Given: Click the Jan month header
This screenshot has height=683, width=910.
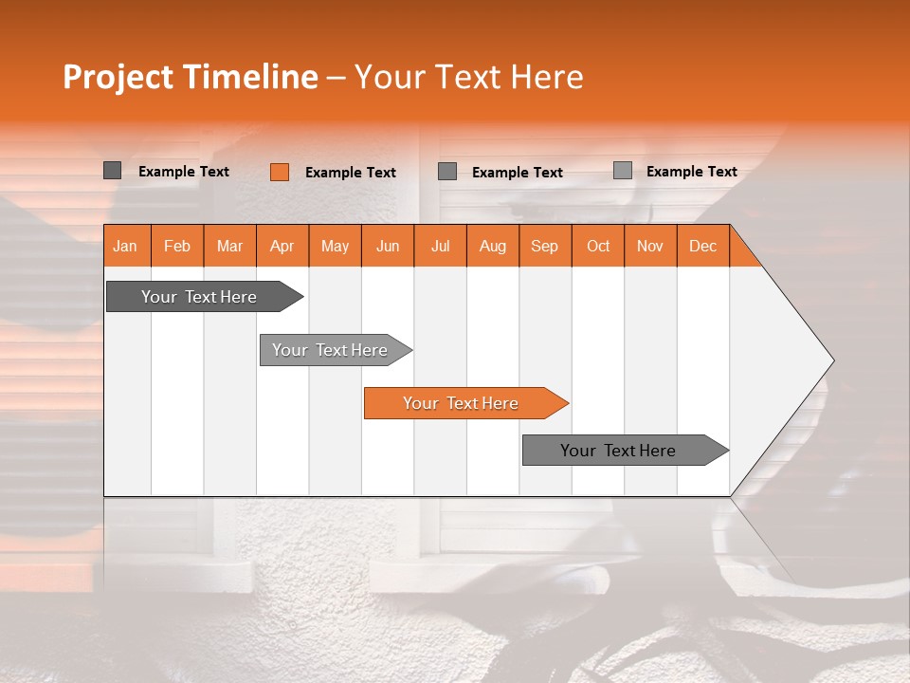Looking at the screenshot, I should pyautogui.click(x=125, y=246).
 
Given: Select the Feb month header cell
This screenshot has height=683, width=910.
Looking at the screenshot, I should pyautogui.click(x=177, y=246).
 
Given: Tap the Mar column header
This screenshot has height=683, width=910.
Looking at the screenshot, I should pyautogui.click(x=229, y=246).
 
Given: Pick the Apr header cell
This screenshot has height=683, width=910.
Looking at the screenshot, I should pyautogui.click(x=282, y=246).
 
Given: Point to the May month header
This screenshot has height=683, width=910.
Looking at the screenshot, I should pyautogui.click(x=335, y=246).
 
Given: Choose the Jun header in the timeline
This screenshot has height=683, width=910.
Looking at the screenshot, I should pyautogui.click(x=388, y=246).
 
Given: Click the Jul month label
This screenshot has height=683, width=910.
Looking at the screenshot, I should pyautogui.click(x=440, y=246).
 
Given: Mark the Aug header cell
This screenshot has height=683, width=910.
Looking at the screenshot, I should pyautogui.click(x=493, y=246).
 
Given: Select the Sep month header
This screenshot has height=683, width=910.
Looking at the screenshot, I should pyautogui.click(x=545, y=246).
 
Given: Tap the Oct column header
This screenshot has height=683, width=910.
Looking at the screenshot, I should pyautogui.click(x=598, y=246).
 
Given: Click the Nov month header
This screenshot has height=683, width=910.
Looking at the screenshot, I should pyautogui.click(x=650, y=246).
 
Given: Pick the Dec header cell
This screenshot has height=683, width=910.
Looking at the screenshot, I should pyautogui.click(x=703, y=246).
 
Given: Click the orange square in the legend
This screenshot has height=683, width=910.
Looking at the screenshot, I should pyautogui.click(x=280, y=172).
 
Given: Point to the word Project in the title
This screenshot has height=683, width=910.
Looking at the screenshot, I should pyautogui.click(x=119, y=77).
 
